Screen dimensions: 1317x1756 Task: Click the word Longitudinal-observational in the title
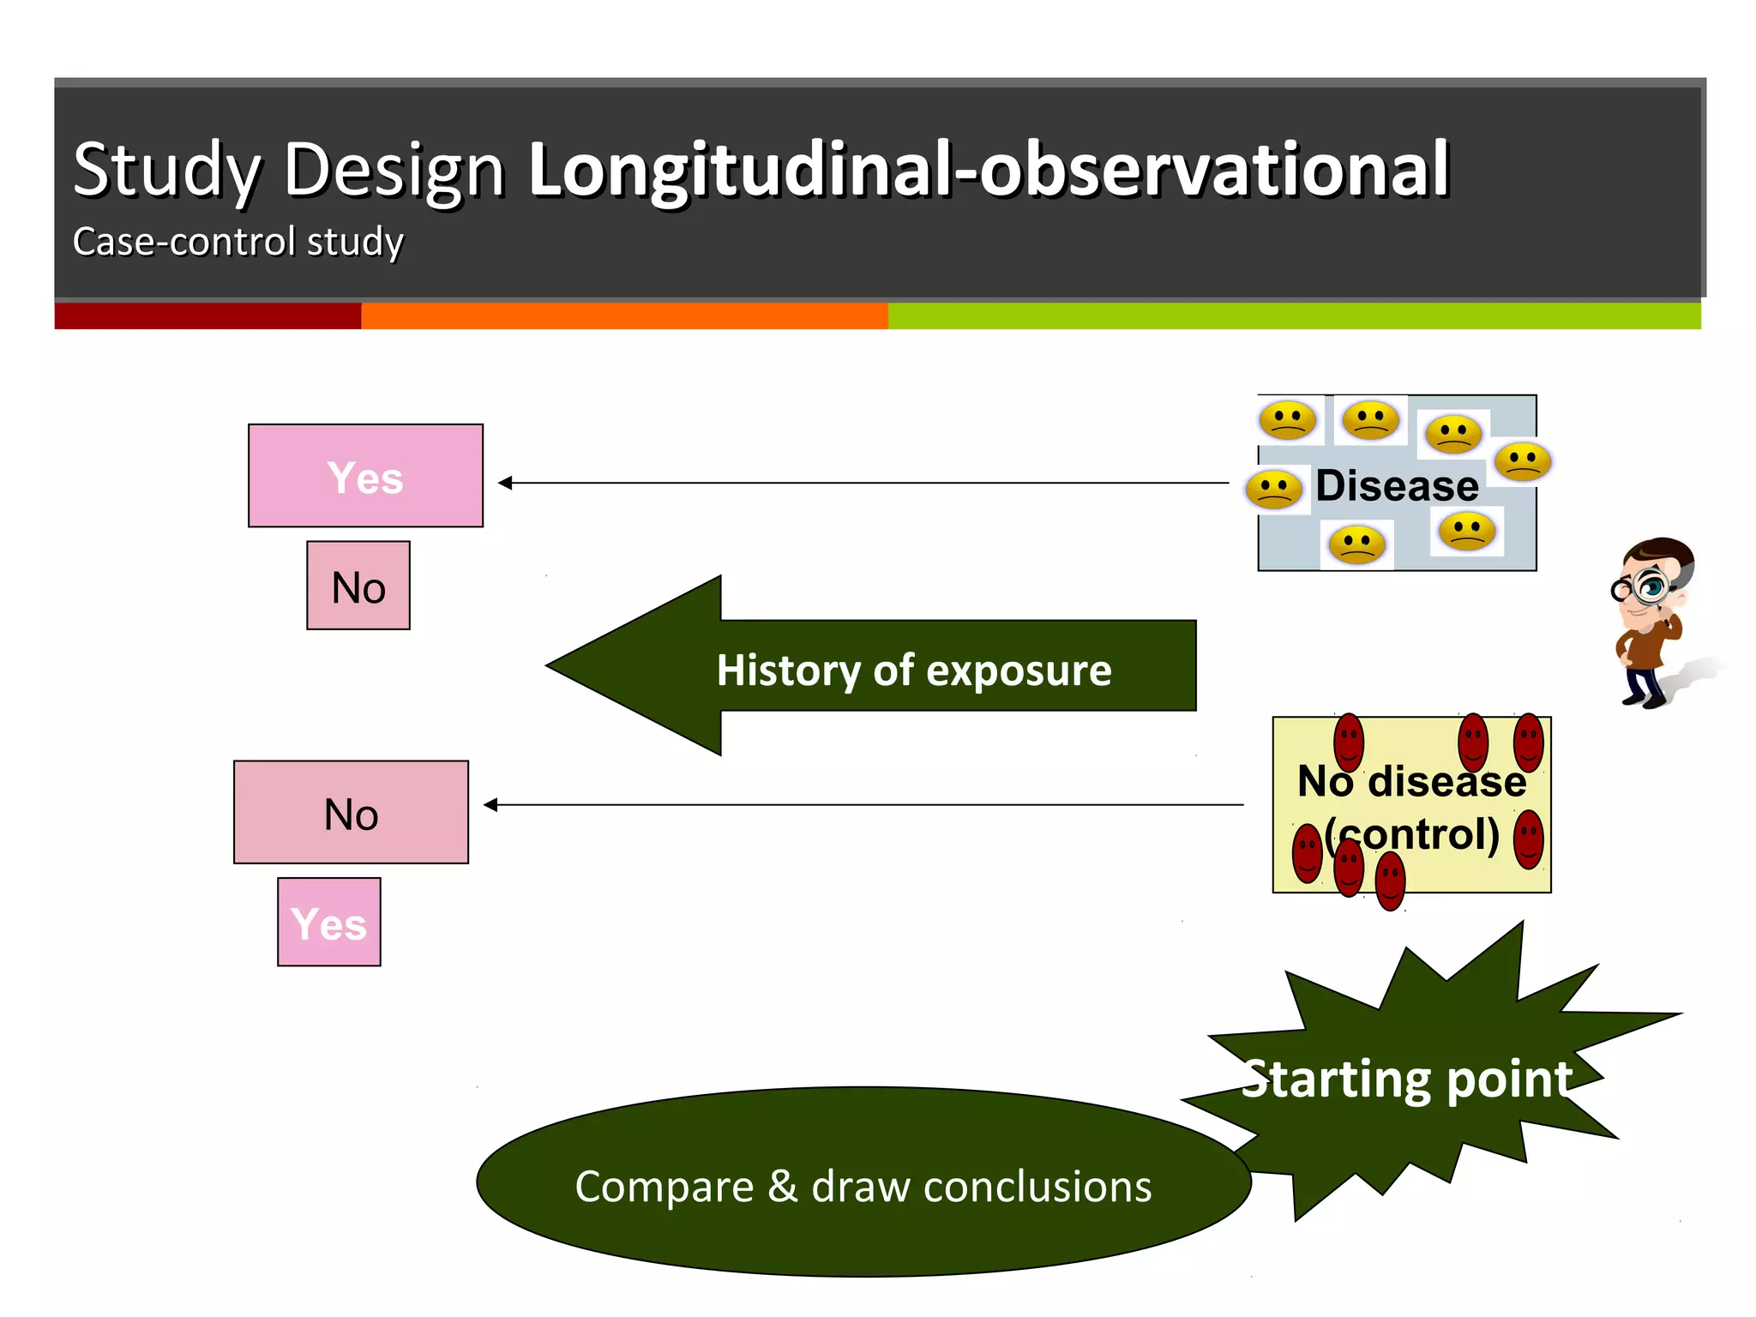(x=988, y=169)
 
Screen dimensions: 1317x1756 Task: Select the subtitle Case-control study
(x=238, y=242)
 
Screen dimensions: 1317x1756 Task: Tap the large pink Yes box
(x=365, y=476)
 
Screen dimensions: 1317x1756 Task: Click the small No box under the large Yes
(x=358, y=586)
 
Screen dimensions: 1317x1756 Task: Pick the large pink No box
(x=351, y=812)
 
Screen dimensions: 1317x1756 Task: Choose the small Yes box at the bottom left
(x=329, y=923)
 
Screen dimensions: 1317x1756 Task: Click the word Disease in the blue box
(x=1397, y=485)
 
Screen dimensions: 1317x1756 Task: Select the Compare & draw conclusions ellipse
(x=863, y=1184)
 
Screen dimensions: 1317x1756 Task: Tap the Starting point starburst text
(x=1407, y=1078)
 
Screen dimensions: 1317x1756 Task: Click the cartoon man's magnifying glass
(x=1649, y=586)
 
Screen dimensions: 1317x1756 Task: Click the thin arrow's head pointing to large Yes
(x=505, y=483)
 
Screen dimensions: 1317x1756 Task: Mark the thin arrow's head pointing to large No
(x=490, y=804)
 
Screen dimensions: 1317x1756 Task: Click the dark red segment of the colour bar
(x=207, y=316)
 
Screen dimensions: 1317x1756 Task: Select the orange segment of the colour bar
(x=624, y=316)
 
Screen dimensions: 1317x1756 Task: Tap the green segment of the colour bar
(x=1293, y=316)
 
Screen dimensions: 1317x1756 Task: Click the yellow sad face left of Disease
(x=1274, y=490)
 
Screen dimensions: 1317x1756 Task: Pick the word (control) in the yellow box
(x=1413, y=833)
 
